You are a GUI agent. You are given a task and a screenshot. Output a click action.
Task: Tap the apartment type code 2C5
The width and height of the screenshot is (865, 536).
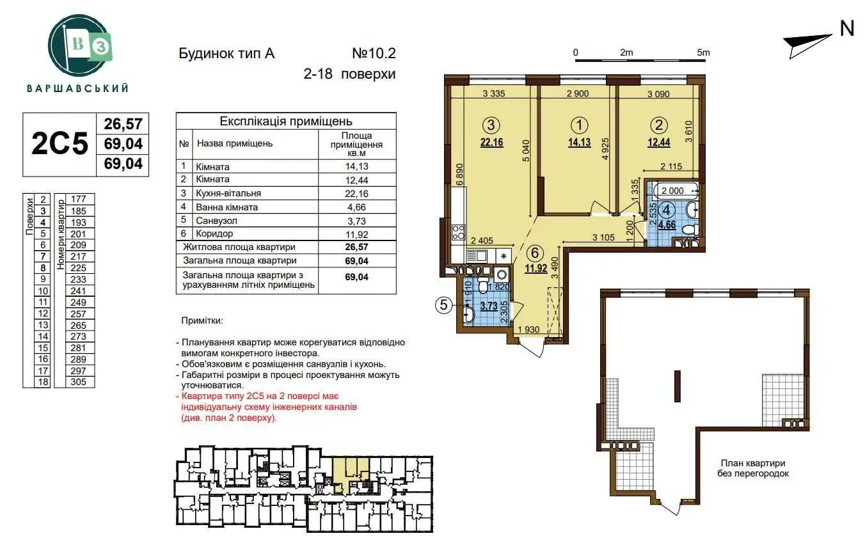tap(60, 144)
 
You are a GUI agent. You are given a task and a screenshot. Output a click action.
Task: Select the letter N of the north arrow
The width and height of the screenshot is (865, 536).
tap(847, 28)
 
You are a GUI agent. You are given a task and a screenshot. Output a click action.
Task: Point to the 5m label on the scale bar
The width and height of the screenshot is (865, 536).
tap(703, 52)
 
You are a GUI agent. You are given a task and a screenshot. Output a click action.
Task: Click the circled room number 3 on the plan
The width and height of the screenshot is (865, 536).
tap(491, 125)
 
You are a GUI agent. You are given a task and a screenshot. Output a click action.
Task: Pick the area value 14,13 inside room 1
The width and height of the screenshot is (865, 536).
tap(579, 143)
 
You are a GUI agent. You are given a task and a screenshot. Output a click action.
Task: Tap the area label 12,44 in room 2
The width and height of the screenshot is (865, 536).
tap(659, 143)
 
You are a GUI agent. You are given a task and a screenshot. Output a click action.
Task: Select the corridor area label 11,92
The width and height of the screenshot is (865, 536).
tap(536, 267)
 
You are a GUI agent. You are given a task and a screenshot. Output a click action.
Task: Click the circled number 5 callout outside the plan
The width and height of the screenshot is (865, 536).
tap(444, 305)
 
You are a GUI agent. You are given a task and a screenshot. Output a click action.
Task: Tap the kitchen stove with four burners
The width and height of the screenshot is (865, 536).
tap(458, 233)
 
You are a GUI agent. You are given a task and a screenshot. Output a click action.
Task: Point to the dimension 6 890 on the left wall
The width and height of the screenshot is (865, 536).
tap(459, 176)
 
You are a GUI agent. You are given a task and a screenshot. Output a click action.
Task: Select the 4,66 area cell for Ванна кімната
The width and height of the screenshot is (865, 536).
tap(356, 207)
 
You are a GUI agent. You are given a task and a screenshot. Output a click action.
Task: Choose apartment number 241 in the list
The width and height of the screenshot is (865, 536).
tap(78, 291)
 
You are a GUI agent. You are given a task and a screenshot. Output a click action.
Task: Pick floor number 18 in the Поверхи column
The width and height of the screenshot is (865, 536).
tap(43, 382)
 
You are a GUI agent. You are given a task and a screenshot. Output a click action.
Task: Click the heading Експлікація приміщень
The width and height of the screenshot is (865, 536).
tap(286, 122)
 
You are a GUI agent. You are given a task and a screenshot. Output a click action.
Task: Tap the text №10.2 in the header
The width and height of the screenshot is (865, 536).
tap(374, 53)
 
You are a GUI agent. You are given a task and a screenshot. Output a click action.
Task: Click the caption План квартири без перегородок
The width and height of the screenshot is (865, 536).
tap(753, 468)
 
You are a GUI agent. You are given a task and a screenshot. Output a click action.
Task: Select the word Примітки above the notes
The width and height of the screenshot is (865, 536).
tap(202, 320)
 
